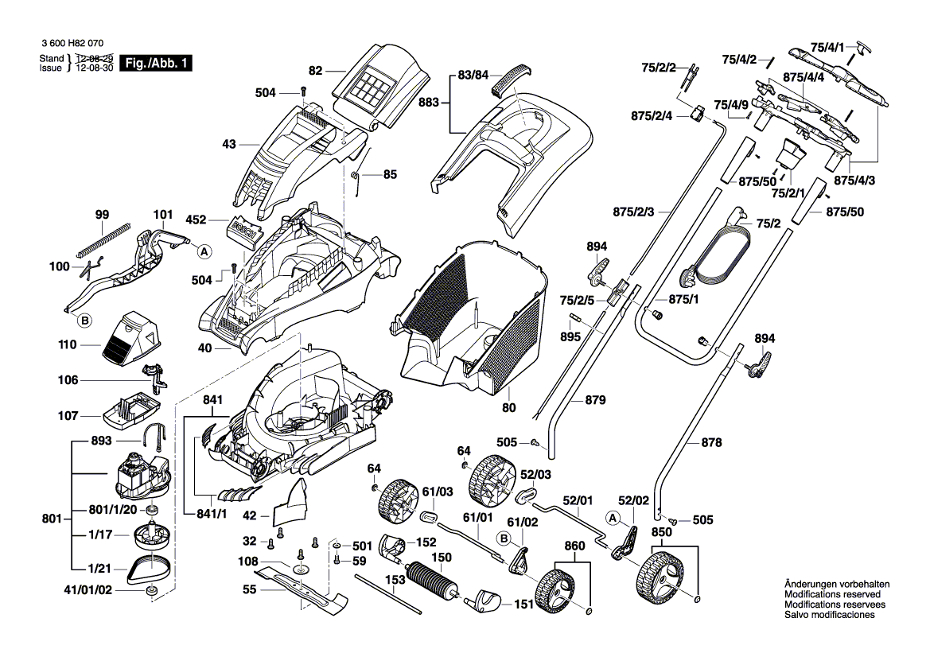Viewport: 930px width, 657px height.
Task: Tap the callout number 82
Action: pyautogui.click(x=316, y=71)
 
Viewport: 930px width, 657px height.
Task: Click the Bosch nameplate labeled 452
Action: pyautogui.click(x=244, y=230)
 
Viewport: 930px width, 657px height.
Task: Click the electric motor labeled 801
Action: pyautogui.click(x=141, y=476)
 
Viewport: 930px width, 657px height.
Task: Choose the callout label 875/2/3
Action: pyautogui.click(x=633, y=212)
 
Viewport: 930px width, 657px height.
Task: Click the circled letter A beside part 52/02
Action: pyautogui.click(x=613, y=518)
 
